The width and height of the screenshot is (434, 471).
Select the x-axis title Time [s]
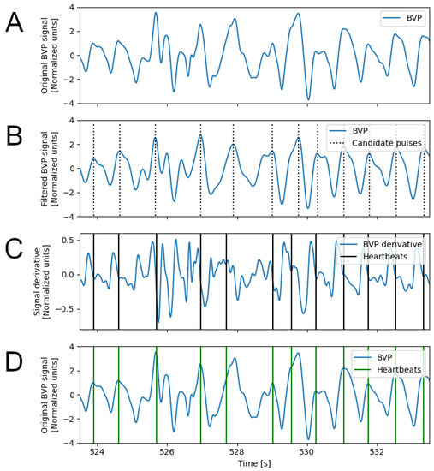click(254, 463)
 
